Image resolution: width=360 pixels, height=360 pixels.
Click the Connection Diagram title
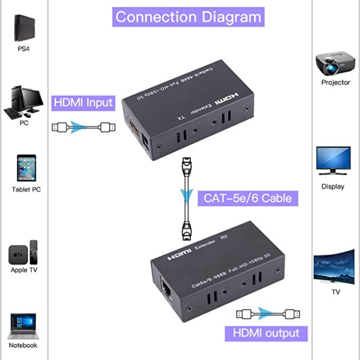pyautogui.click(x=188, y=16)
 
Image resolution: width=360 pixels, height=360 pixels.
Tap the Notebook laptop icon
pyautogui.click(x=23, y=326)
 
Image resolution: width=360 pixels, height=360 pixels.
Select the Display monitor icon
pyautogui.click(x=333, y=161)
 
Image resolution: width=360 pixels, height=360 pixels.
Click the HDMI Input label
pyautogui.click(x=83, y=103)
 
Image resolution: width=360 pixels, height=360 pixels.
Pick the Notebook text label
pyautogui.click(x=23, y=346)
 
